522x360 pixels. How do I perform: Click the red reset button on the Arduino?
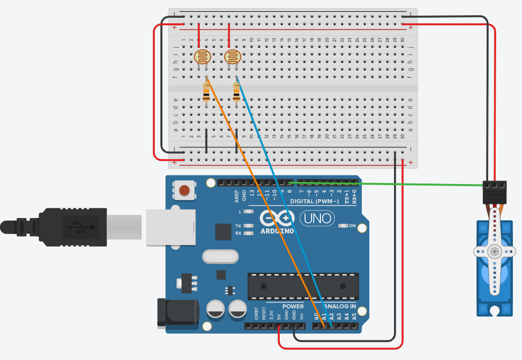click(x=185, y=190)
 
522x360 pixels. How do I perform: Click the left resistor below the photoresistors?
click(x=206, y=93)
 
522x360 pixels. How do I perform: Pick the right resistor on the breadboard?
click(x=237, y=93)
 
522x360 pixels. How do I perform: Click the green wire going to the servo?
click(x=384, y=183)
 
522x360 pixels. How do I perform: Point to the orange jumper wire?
click(x=263, y=197)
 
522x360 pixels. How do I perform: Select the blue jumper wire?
click(x=283, y=202)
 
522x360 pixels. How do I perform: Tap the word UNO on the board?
click(x=317, y=218)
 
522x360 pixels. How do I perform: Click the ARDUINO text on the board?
click(x=278, y=231)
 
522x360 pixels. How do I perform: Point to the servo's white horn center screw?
click(x=494, y=251)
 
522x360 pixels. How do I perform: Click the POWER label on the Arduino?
click(x=293, y=306)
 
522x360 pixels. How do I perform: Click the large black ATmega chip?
click(x=303, y=286)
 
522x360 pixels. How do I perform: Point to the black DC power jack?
click(x=177, y=312)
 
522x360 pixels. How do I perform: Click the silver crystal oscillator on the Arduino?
click(x=220, y=257)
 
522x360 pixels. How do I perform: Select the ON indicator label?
click(x=353, y=226)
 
